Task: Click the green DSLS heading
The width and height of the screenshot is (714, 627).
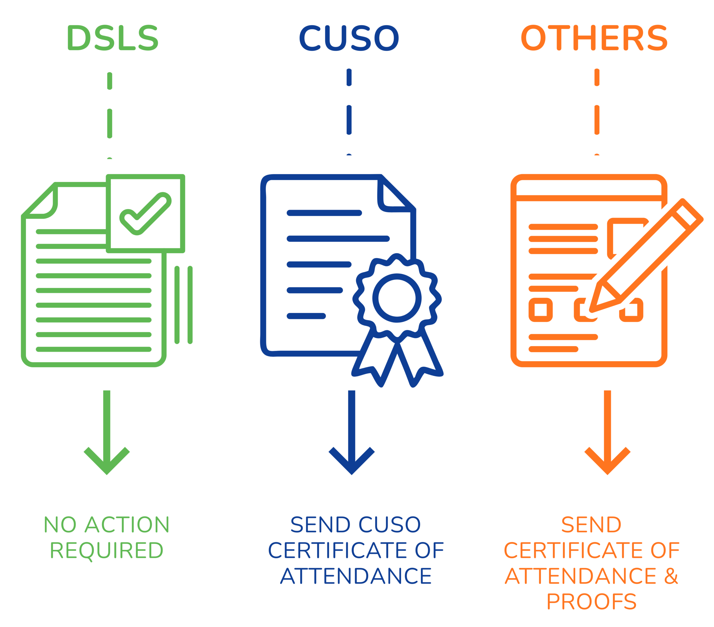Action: (x=113, y=37)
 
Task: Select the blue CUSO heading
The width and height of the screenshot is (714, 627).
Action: (x=349, y=38)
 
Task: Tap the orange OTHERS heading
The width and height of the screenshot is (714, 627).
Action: (x=594, y=37)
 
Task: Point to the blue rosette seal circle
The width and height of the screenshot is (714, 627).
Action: (x=397, y=298)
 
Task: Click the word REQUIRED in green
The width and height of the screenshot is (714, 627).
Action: (x=107, y=551)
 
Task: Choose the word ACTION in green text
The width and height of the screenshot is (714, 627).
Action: (x=127, y=525)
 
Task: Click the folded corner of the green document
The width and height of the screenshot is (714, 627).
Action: (x=42, y=202)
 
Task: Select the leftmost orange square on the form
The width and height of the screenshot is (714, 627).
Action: (x=540, y=310)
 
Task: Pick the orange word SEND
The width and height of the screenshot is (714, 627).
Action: (x=592, y=525)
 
